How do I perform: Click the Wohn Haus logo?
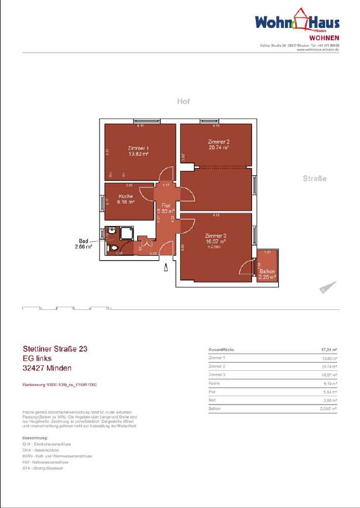pyautogui.click(x=297, y=23)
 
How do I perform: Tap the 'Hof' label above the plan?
pyautogui.click(x=183, y=102)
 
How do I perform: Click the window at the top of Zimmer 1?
pyautogui.click(x=142, y=121)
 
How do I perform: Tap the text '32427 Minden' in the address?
pyautogui.click(x=46, y=368)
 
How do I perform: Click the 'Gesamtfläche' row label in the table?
pyautogui.click(x=222, y=350)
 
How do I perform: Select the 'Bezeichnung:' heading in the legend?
pyautogui.click(x=36, y=438)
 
